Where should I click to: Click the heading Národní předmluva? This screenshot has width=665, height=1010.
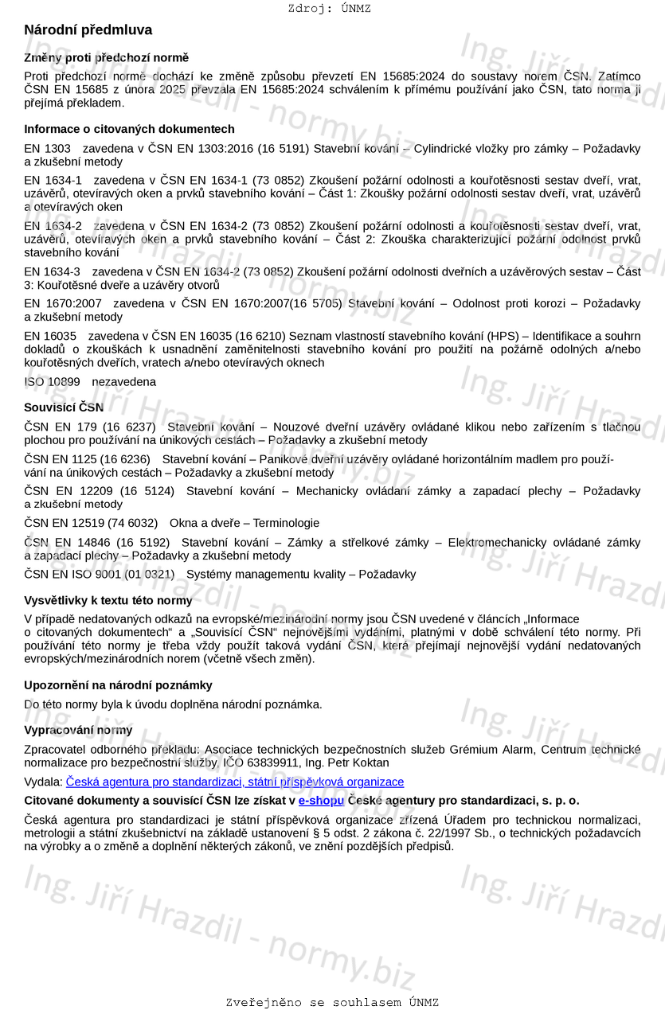coord(88,30)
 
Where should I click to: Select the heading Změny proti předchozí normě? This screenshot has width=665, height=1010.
coord(106,58)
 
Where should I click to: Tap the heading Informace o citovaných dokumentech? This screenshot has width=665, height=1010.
coord(129,129)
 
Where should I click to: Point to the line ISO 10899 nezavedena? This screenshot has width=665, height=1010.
coord(90,382)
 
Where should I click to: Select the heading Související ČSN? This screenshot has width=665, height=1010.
coord(64,408)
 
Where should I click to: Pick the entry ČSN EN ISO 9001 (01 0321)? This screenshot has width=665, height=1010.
coord(99,574)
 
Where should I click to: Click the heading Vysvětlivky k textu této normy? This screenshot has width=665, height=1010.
coord(108,600)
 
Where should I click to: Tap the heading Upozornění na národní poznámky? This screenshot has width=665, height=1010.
coord(118,685)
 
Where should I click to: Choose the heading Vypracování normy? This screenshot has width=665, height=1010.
coord(78,730)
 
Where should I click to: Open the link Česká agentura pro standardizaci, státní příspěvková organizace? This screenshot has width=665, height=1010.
coord(235,782)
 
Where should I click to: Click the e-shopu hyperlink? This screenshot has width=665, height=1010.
coord(321,801)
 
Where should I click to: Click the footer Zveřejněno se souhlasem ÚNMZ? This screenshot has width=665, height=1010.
coord(332,1003)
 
